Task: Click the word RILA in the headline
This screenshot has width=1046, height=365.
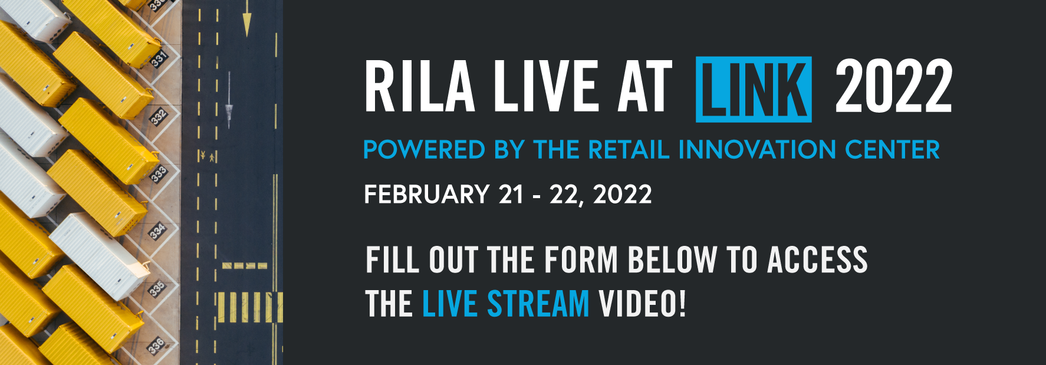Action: (x=419, y=87)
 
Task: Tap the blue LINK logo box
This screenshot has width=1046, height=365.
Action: (x=754, y=89)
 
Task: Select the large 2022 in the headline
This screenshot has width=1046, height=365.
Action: (x=893, y=87)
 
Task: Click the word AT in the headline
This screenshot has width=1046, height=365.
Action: (x=645, y=87)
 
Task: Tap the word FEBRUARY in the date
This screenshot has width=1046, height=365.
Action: (x=426, y=195)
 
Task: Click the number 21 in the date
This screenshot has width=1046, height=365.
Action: (x=511, y=195)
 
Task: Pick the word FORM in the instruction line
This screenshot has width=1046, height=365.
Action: (x=581, y=260)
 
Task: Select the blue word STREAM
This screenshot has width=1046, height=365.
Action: (x=538, y=304)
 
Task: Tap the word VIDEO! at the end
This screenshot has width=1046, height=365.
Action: (x=642, y=304)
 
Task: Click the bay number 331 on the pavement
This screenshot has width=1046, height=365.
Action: (x=159, y=59)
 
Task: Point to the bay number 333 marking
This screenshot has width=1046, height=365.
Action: (x=158, y=175)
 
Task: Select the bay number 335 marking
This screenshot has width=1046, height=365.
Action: (x=156, y=289)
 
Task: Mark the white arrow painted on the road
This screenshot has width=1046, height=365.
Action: (x=229, y=106)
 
